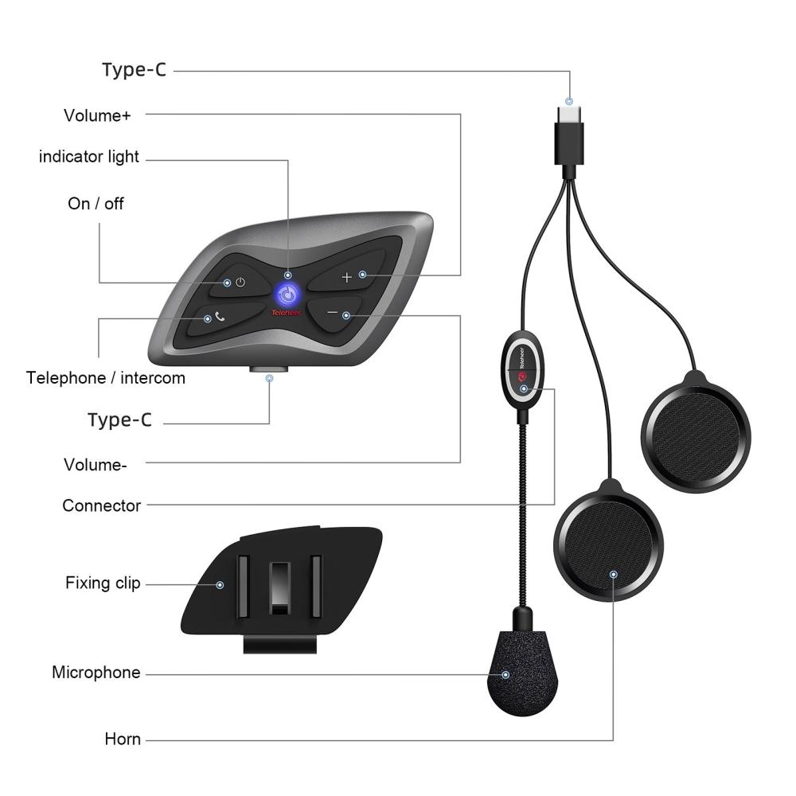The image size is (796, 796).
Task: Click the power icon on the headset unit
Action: coord(240,283)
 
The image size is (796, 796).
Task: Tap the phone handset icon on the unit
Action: coord(220,317)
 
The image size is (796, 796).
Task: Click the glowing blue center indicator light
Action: coord(288,294)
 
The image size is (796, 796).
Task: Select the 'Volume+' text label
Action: coord(97,115)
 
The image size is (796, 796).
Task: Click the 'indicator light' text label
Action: coord(89,157)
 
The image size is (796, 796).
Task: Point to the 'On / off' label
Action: coord(96,204)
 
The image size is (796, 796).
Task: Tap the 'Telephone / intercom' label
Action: coord(106,377)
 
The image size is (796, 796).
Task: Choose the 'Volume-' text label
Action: coord(95,465)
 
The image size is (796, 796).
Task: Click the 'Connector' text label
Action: coord(102,505)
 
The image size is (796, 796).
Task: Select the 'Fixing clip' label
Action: coord(103,583)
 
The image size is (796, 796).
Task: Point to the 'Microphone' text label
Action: coord(96,672)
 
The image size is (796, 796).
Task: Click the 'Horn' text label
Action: coord(123,739)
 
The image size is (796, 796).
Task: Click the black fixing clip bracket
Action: coord(281,589)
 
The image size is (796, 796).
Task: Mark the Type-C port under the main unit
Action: coord(268,369)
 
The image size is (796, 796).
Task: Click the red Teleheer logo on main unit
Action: coord(287,313)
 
